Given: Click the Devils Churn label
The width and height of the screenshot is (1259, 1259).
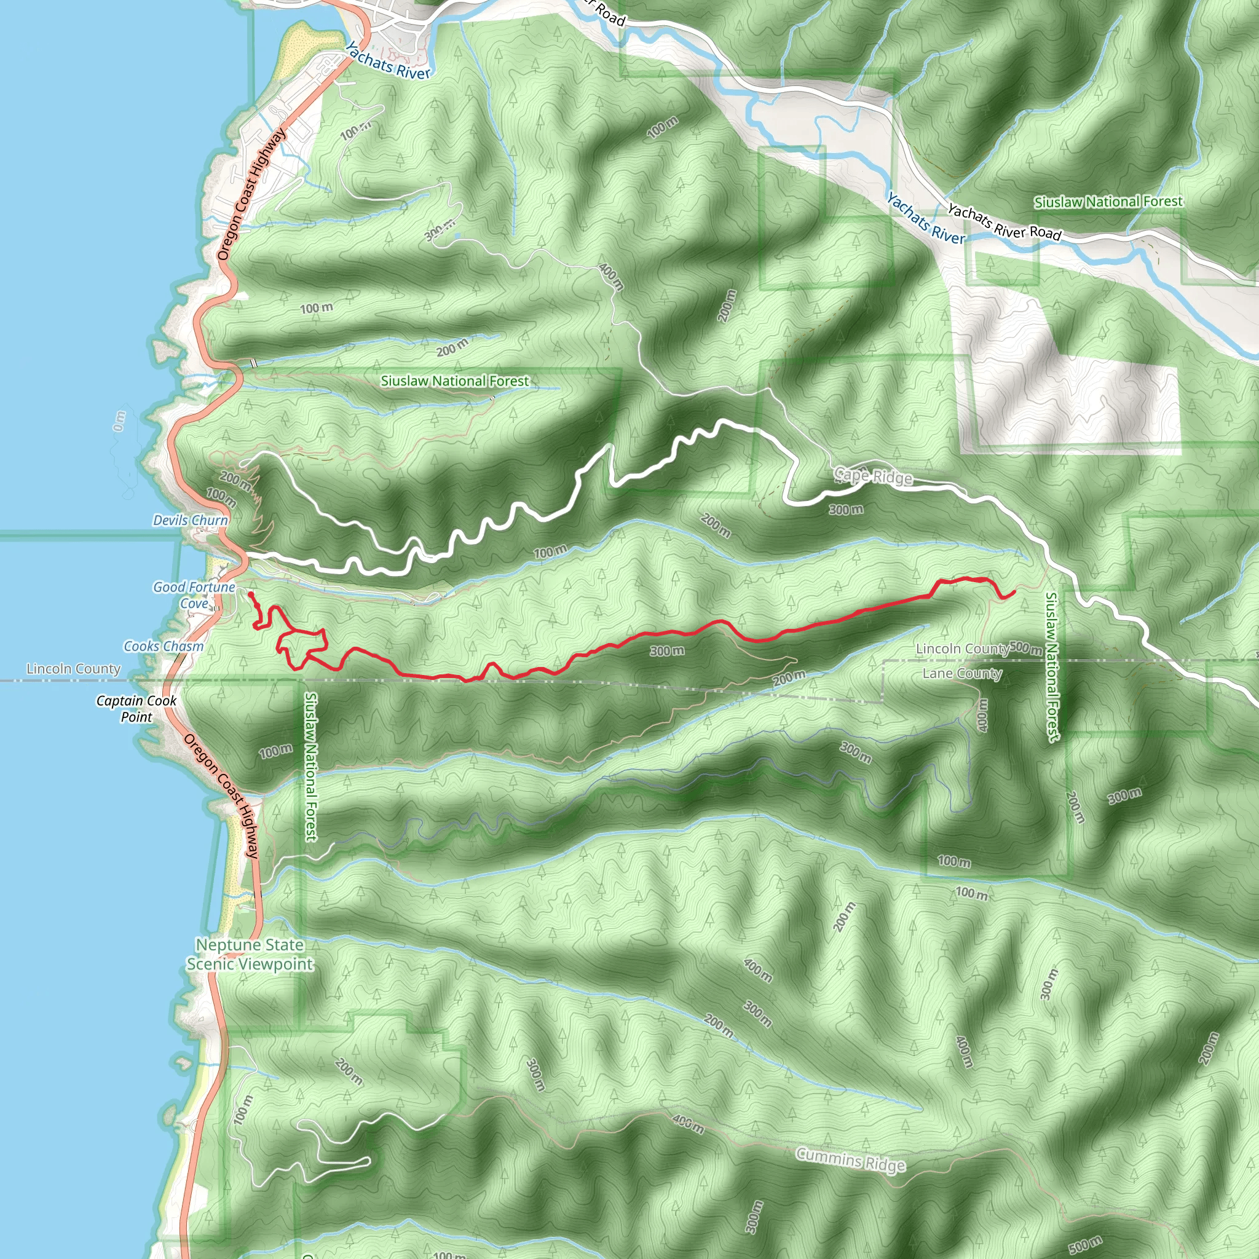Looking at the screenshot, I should point(191,520).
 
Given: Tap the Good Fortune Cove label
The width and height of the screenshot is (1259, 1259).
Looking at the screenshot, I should point(194,595).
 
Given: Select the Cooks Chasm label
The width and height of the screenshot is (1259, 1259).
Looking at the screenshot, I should point(164,646).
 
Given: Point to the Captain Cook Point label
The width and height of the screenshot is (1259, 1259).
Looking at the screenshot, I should point(136,708).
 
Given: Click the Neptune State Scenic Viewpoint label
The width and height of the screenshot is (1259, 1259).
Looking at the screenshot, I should point(250,954).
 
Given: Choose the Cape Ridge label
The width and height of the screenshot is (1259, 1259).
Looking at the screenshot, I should point(873,476).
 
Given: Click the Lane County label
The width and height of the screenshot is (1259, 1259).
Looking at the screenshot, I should point(962,673).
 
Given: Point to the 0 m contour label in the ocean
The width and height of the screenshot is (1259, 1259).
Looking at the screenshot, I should point(119,421).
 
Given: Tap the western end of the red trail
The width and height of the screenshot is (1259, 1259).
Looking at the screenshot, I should point(251,594).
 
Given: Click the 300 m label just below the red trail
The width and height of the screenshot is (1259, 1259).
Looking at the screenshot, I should point(666,651).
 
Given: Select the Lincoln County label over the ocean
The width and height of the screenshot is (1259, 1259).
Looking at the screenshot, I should point(73,669).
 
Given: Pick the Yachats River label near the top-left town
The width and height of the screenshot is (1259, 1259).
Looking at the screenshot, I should point(387,62).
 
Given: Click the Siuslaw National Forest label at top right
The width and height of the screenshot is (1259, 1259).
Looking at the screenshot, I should point(1108,202).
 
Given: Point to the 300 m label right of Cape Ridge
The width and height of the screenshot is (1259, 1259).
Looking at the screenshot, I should point(846,509).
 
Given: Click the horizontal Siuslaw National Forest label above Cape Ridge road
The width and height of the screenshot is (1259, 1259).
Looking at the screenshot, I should point(455,381).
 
